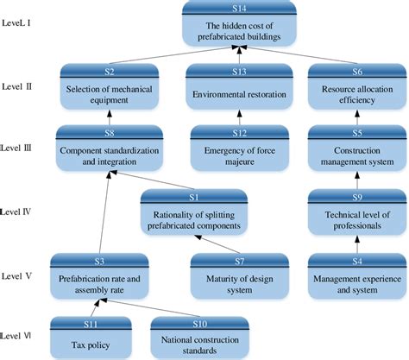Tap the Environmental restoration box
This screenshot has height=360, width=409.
point(241,89)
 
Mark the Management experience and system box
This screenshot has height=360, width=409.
point(354,277)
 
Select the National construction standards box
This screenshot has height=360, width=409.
point(199,338)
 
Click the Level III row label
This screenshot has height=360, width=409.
point(19,148)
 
